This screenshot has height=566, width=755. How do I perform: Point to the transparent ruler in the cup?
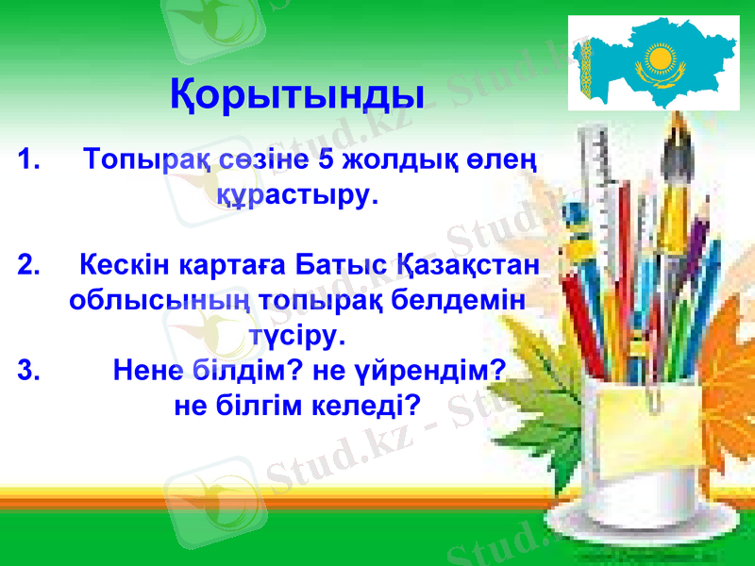(604, 179)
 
